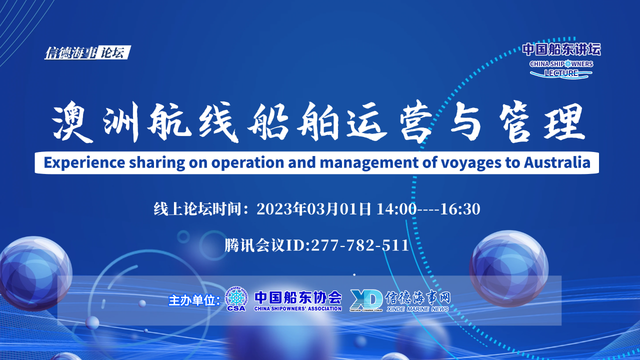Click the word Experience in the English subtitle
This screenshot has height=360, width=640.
point(84,162)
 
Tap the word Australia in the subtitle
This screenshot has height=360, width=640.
point(557,162)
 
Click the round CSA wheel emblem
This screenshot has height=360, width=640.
point(236,298)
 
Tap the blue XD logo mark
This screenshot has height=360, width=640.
point(366,299)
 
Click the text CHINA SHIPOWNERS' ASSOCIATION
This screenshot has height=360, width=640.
point(297,308)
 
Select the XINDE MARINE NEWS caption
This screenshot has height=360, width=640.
point(417,309)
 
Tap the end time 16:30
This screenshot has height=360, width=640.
point(460,209)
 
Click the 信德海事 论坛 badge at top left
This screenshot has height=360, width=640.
point(87,52)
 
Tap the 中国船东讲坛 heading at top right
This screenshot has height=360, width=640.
point(561,49)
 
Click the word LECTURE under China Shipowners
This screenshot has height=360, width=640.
point(561,73)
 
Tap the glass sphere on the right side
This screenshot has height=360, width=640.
point(508,268)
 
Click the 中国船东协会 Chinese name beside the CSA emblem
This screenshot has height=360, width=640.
point(297,297)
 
